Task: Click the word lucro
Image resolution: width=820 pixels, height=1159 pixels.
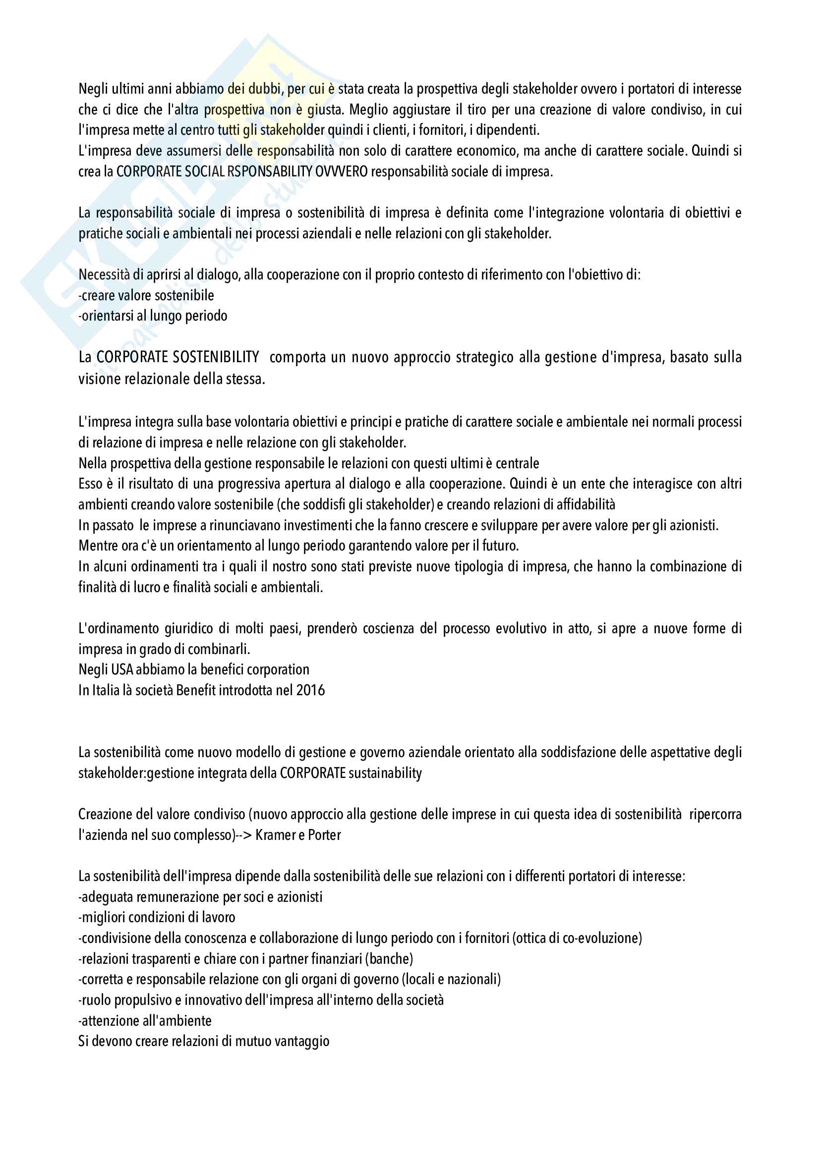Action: (147, 587)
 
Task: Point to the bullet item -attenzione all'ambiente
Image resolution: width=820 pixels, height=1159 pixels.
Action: (145, 1021)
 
